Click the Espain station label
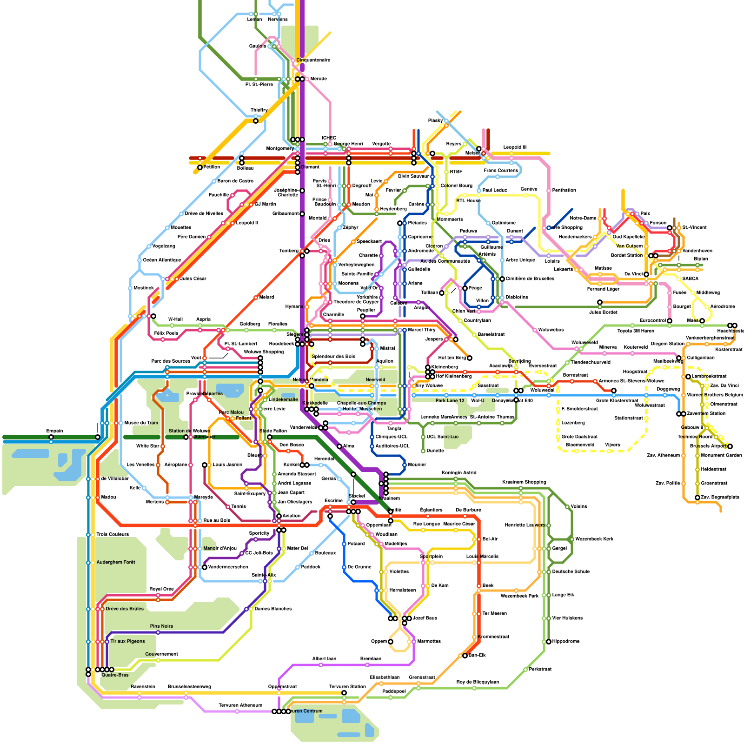pyautogui.click(x=54, y=431)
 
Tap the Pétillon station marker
pyautogui.click(x=200, y=167)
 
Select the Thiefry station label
pyautogui.click(x=259, y=110)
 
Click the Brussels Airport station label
pyautogui.click(x=708, y=446)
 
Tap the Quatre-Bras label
pyautogui.click(x=115, y=675)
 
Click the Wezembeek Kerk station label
pyautogui.click(x=594, y=539)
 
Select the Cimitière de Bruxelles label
pyautogui.click(x=530, y=279)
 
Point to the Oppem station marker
pyautogui.click(x=391, y=642)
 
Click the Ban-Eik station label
pyautogui.click(x=477, y=655)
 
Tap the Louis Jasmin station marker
pyautogui.click(x=205, y=465)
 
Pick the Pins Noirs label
pyautogui.click(x=161, y=626)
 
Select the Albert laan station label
pyautogui.click(x=324, y=658)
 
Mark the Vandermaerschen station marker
pyautogui.click(x=205, y=567)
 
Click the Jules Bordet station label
pyautogui.click(x=603, y=312)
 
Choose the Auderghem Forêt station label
pyautogui.click(x=116, y=562)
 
